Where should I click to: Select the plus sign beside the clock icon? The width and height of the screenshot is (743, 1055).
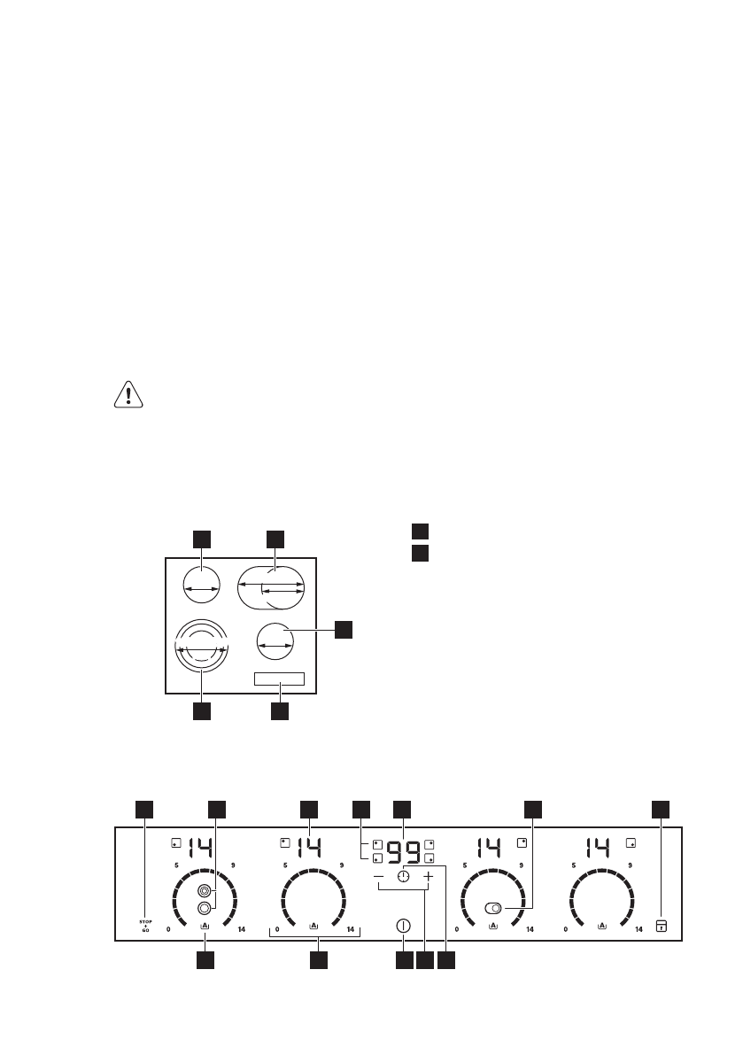point(428,876)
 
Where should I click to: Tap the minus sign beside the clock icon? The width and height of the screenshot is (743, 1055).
point(379,876)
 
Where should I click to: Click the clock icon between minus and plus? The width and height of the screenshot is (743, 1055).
point(404,876)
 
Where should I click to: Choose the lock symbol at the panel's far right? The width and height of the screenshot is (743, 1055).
point(661,926)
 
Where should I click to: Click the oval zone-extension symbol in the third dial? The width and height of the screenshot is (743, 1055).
point(493,908)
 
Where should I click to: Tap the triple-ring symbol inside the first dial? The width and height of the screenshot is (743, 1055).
point(205,890)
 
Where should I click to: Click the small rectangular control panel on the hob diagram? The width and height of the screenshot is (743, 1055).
point(279,679)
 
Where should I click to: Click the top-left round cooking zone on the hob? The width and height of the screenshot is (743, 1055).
point(201,584)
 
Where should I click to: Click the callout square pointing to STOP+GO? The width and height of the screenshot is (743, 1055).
point(144,809)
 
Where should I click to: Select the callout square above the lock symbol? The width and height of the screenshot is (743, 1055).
point(661,809)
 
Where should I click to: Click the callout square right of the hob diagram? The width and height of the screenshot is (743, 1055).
point(344,630)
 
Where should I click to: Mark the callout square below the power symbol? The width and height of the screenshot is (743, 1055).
point(404,960)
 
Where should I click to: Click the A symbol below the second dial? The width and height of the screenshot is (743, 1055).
point(313,926)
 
